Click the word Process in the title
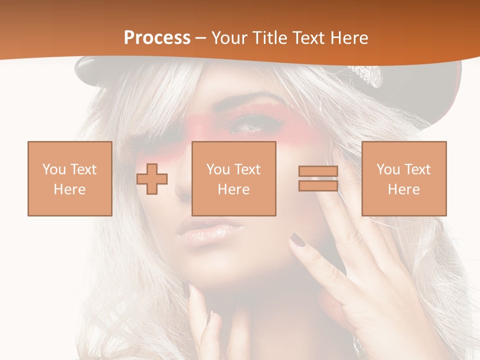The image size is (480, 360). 157,38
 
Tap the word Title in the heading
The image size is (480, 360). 269,38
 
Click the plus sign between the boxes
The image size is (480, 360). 152,179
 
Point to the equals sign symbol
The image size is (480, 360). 318,178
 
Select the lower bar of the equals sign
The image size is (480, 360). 318,185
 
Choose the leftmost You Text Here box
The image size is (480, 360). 70,178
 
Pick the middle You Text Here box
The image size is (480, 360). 233,178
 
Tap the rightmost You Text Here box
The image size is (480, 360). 403,178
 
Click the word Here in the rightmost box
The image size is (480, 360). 403,189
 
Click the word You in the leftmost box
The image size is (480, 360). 54,169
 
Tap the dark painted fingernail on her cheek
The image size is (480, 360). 298,240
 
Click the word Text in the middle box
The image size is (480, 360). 247,169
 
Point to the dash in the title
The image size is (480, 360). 200,38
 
